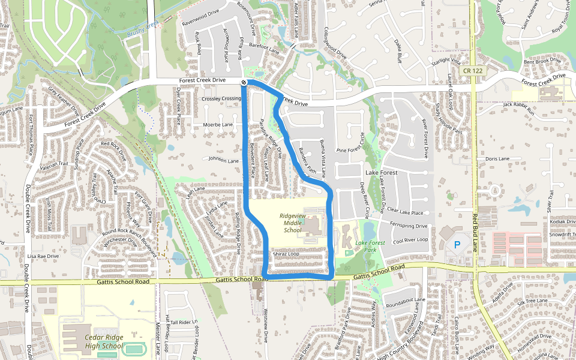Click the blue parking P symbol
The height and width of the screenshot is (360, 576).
click(x=457, y=245)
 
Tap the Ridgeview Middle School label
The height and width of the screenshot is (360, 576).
click(x=292, y=223)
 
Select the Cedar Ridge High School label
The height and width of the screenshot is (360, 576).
click(x=103, y=341)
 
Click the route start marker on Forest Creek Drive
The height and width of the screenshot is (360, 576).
click(x=244, y=82)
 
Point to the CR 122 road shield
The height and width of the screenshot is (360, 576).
click(x=473, y=71)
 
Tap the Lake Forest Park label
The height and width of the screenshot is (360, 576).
click(x=369, y=246)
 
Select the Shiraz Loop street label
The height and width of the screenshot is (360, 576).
click(x=286, y=254)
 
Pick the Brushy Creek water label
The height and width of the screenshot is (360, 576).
click(x=143, y=29)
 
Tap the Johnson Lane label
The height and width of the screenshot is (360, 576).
click(x=223, y=160)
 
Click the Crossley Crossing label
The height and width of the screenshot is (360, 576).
click(x=221, y=98)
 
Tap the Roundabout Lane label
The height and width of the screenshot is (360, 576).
click(x=406, y=299)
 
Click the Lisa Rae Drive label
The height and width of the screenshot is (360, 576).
click(x=43, y=256)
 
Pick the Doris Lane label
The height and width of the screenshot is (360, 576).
click(x=497, y=158)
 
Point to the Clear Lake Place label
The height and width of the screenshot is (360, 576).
click(x=405, y=212)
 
